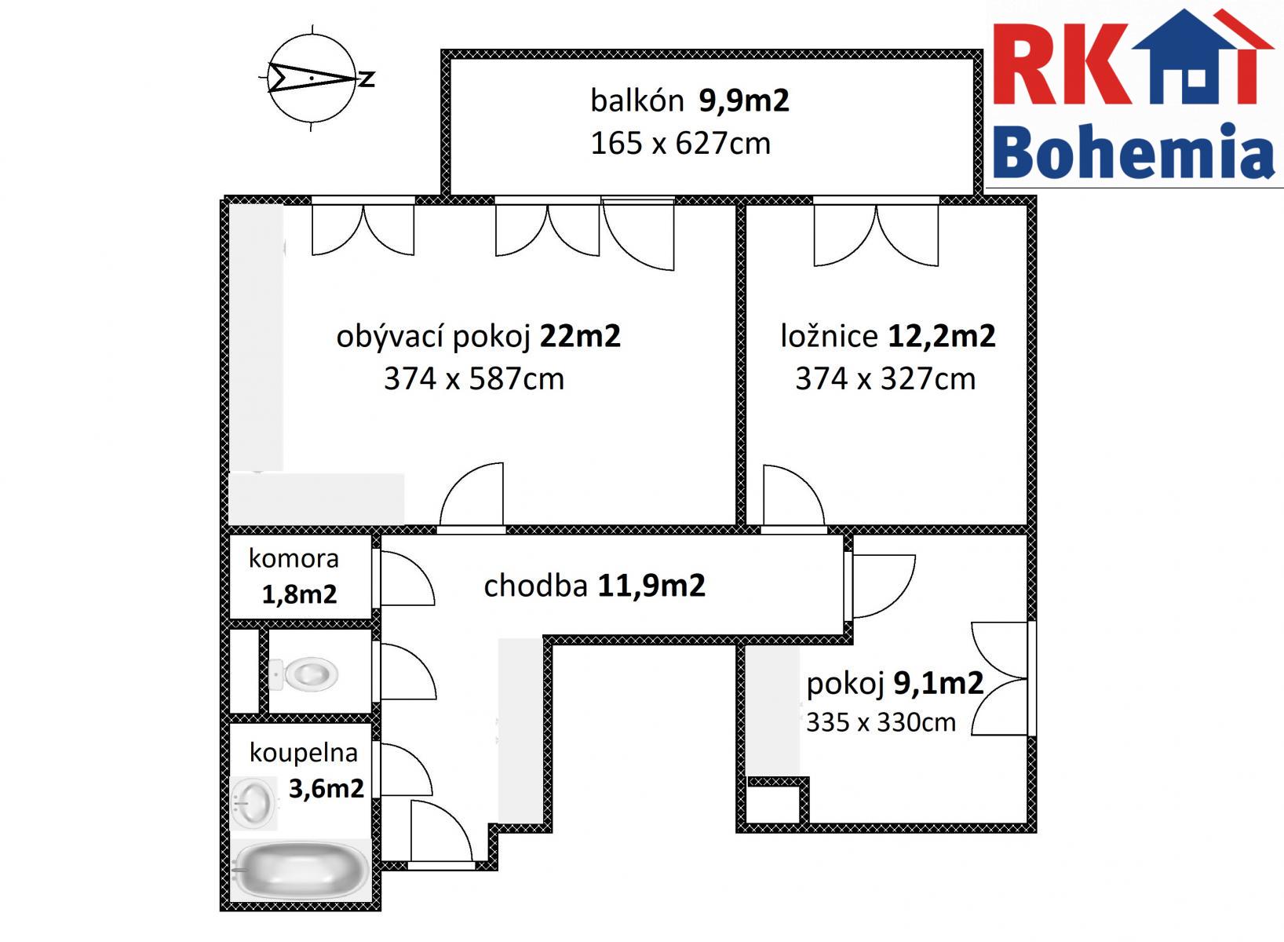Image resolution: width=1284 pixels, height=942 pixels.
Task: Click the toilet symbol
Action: [x=303, y=673]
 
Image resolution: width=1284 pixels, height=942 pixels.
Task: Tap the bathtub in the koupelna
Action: [x=301, y=871]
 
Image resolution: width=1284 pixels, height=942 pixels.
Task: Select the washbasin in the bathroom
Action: [x=254, y=803]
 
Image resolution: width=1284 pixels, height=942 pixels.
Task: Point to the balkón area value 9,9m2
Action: [x=744, y=101]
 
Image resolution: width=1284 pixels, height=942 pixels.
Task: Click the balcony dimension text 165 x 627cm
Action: [x=680, y=144]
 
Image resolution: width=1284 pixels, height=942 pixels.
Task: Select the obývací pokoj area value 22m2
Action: [x=580, y=337]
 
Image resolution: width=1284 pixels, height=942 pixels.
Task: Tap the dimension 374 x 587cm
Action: [x=474, y=380]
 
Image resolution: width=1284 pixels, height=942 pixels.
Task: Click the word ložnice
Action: [x=829, y=337]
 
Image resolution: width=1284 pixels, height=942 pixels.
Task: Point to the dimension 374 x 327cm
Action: [x=885, y=380]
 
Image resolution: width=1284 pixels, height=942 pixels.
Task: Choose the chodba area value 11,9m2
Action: [x=651, y=586]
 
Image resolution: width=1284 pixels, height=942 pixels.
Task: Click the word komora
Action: [x=294, y=558]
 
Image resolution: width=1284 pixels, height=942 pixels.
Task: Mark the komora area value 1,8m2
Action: [x=299, y=594]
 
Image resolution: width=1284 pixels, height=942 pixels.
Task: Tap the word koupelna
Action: [x=303, y=754]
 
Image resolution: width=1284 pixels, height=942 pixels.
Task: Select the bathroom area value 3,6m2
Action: [x=326, y=789]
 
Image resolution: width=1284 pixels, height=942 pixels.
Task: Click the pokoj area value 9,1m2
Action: [x=939, y=684]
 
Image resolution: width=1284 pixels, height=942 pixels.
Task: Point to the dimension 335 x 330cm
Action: [x=881, y=722]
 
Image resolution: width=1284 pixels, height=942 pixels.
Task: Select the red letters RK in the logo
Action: [x=1060, y=64]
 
